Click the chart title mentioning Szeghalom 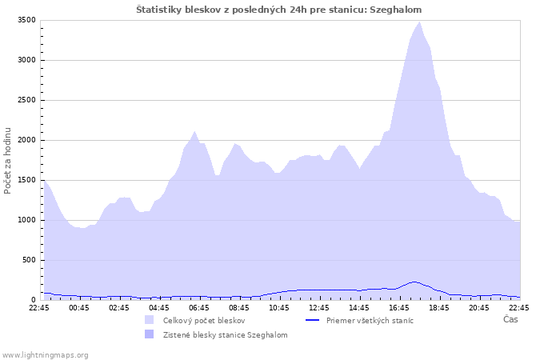[x=278, y=10]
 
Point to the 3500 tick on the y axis [x=26, y=20]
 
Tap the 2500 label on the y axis [x=26, y=100]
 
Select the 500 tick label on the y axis [x=29, y=260]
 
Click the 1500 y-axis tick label [x=26, y=180]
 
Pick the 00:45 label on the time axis [x=79, y=308]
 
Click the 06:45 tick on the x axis [x=199, y=308]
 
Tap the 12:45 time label [x=319, y=308]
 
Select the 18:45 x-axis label [x=439, y=308]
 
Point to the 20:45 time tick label [x=479, y=308]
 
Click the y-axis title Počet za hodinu [x=7, y=161]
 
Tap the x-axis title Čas [x=510, y=319]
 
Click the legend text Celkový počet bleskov [x=204, y=320]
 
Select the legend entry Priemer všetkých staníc [x=370, y=320]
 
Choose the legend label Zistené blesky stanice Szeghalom [x=226, y=335]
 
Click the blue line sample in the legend [x=312, y=320]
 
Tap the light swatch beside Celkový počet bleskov [x=150, y=320]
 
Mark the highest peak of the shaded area [x=420, y=22]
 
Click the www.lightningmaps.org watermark [x=45, y=355]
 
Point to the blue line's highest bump [x=414, y=282]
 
